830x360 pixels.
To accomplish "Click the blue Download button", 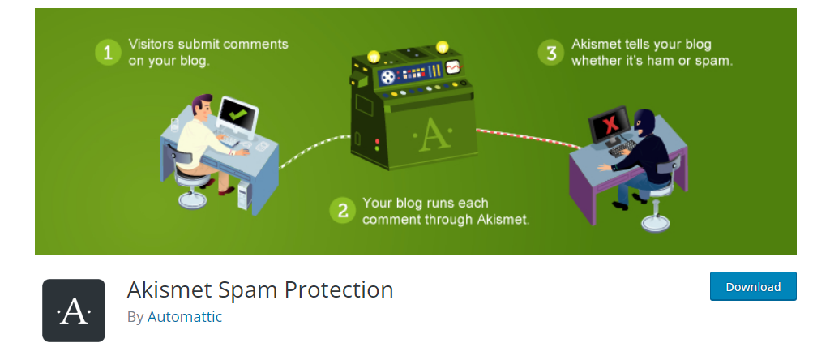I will (x=753, y=286).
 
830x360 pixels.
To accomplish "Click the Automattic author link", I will (x=184, y=316).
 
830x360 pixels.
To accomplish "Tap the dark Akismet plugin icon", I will (x=74, y=311).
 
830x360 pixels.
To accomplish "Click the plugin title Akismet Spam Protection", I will (x=260, y=289).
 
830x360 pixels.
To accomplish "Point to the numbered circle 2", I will (x=342, y=211).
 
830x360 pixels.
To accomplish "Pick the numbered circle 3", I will (x=551, y=53).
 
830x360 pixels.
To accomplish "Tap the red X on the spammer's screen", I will (x=608, y=125).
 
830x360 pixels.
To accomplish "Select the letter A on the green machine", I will (x=431, y=135).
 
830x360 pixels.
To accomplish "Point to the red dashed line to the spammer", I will (x=527, y=136).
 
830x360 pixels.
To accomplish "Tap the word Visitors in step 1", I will (x=152, y=44).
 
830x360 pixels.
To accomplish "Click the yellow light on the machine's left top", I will (x=374, y=56).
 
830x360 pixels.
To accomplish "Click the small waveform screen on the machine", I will (x=453, y=67).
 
